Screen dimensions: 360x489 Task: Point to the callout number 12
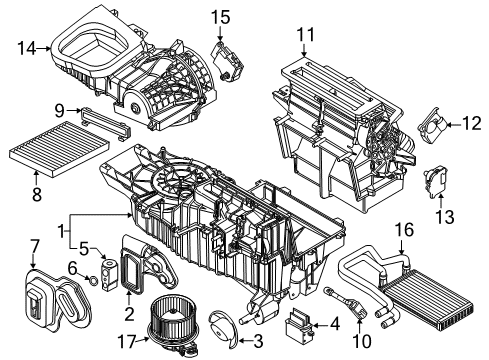pyautogui.click(x=471, y=124)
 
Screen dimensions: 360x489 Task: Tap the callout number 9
pyautogui.click(x=60, y=109)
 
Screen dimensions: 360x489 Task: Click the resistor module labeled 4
pyautogui.click(x=299, y=322)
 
